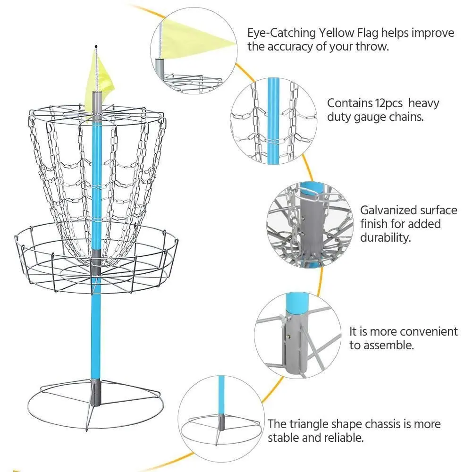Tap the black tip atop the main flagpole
pos(96,46)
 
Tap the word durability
pos(386,237)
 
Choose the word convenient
pos(425,331)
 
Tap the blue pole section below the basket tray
pos(96,330)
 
